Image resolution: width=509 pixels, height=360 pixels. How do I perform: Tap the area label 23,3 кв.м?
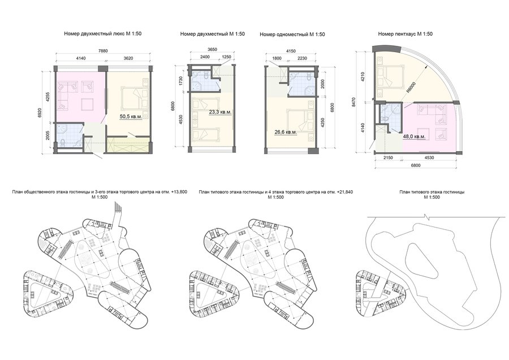[220, 112]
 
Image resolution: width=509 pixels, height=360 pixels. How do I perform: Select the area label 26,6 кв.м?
[286, 132]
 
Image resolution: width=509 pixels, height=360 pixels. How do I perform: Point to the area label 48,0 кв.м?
[414, 137]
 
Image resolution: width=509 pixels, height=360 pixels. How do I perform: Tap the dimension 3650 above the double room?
[212, 49]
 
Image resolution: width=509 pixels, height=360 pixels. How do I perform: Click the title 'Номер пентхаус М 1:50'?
[405, 34]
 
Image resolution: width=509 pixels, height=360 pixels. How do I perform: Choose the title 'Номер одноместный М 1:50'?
[292, 34]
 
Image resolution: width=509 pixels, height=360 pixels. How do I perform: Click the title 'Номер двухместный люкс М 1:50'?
[102, 33]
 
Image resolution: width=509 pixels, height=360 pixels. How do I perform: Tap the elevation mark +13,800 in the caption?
[179, 192]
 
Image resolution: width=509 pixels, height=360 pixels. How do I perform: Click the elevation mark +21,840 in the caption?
[344, 192]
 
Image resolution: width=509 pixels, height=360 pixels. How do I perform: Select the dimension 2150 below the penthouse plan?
[387, 157]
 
